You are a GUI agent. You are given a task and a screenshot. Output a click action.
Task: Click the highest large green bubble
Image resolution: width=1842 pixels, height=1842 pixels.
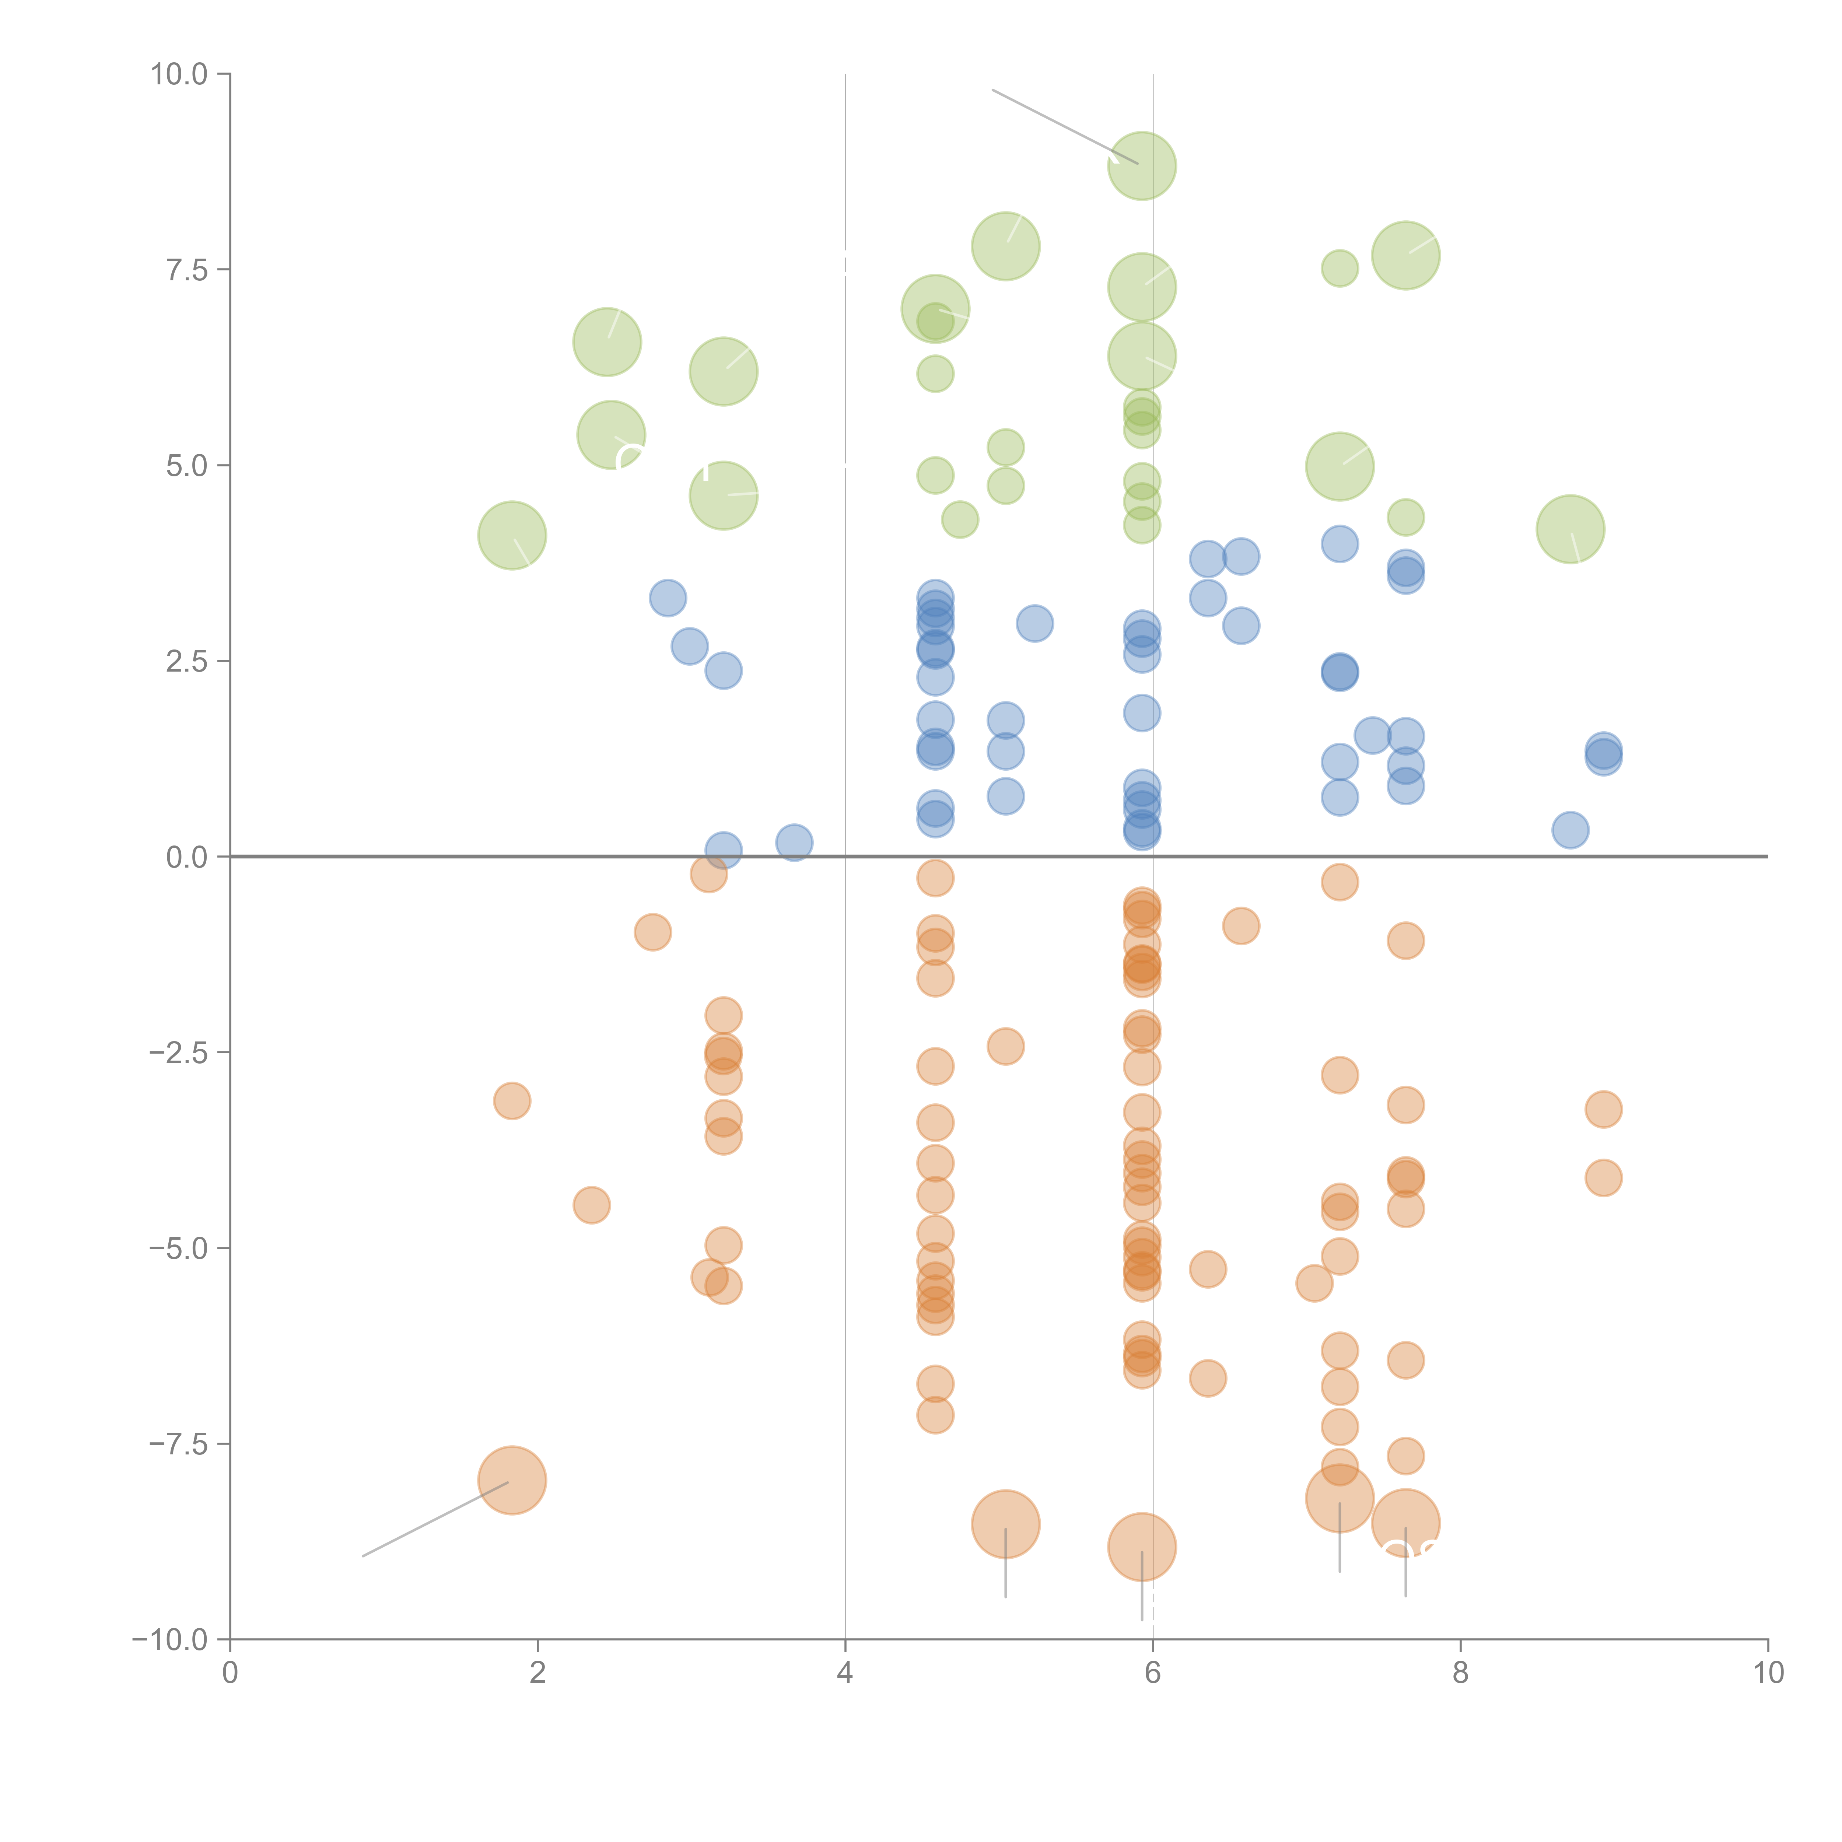[1141, 166]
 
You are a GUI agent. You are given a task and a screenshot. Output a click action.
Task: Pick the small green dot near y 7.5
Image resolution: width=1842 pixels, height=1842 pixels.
[1340, 269]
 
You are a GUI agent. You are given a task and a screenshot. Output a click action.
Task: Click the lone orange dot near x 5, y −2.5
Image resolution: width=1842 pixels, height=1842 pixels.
[1005, 1047]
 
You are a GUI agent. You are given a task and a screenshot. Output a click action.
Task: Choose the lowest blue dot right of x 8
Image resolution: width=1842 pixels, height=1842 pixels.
[1570, 830]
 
